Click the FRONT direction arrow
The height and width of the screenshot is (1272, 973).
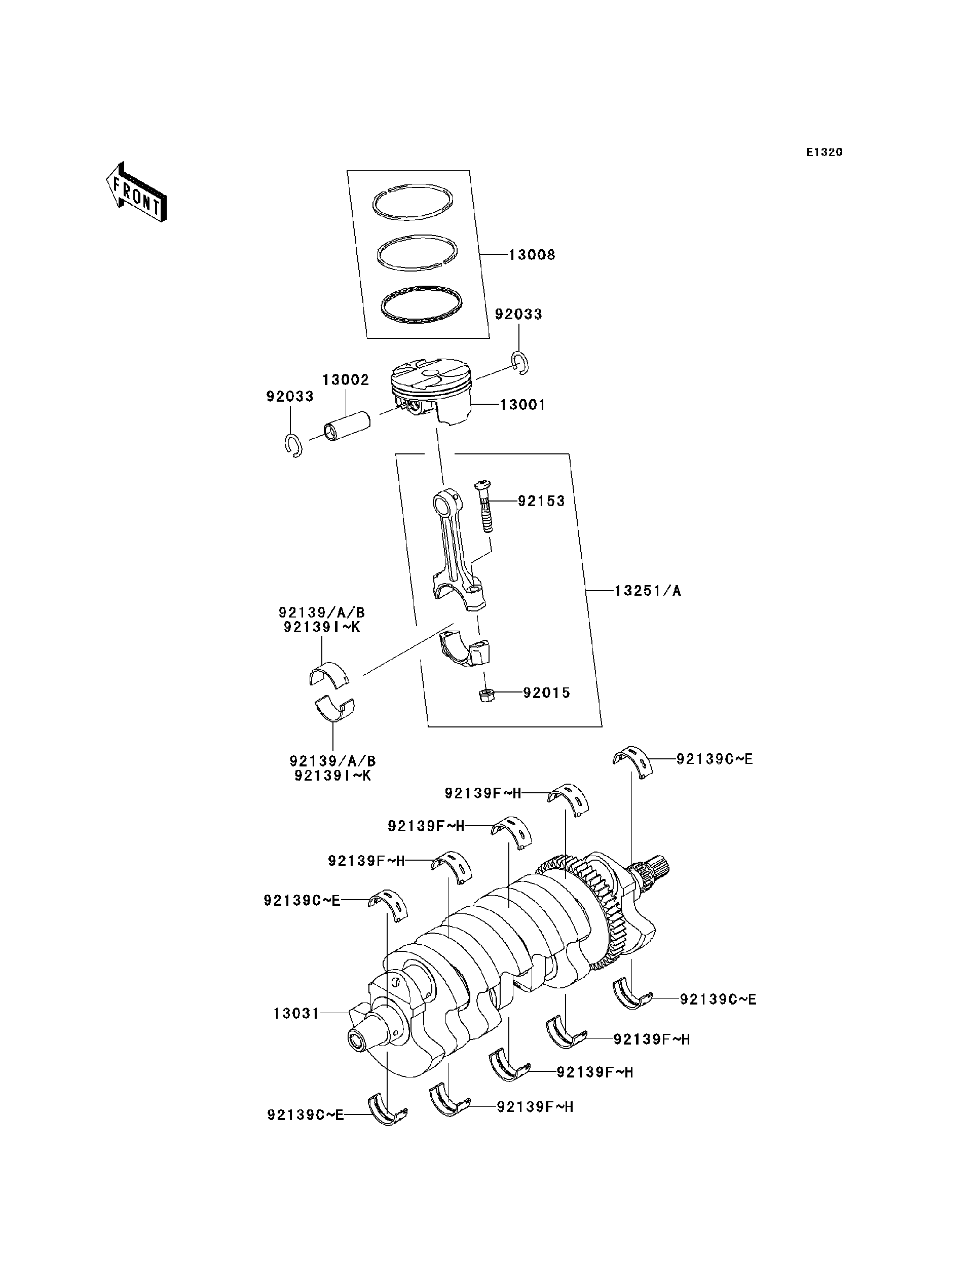point(137,194)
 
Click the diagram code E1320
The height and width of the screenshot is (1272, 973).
point(824,152)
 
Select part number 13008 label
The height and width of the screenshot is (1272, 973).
point(532,255)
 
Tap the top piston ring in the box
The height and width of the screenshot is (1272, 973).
point(412,203)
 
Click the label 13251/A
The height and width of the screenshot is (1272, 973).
point(648,591)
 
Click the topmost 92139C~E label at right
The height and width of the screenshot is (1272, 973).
point(715,759)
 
